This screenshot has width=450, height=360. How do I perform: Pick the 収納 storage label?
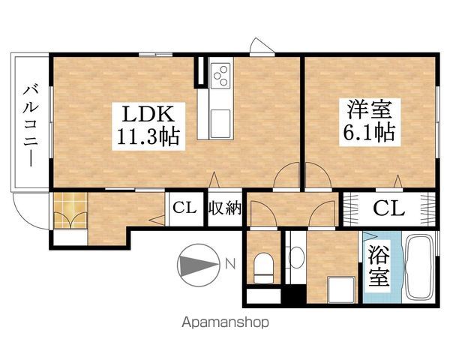tap(224, 208)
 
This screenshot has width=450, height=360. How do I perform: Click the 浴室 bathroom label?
tap(377, 266)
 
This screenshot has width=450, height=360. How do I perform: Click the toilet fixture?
tap(263, 266)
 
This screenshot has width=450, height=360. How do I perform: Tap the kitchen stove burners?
tap(223, 76)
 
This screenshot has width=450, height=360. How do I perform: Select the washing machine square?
tap(340, 287)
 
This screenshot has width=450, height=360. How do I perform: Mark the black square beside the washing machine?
tap(298, 295)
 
